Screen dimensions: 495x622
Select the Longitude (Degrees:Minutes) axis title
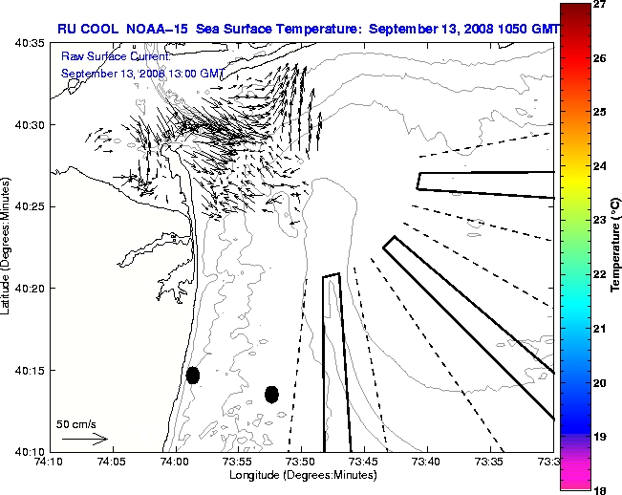[x=302, y=475]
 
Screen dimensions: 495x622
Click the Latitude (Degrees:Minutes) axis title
[x=8, y=247]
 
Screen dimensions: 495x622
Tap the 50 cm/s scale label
[x=76, y=423]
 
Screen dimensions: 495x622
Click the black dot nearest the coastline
[x=193, y=375]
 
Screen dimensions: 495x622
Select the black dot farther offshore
[x=271, y=394]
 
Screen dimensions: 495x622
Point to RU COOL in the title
[x=88, y=30]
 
